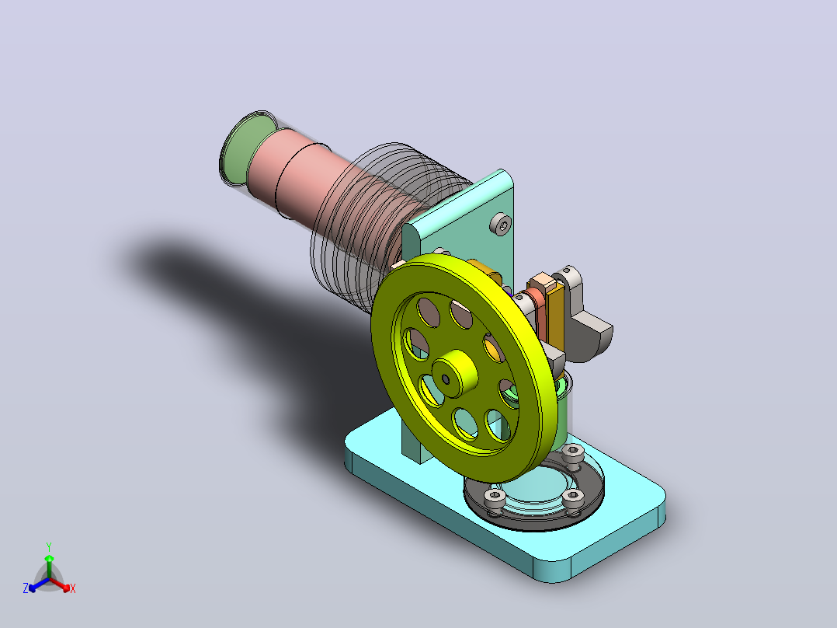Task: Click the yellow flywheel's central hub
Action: [454, 374]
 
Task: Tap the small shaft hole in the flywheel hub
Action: [446, 379]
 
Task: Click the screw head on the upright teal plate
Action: [502, 224]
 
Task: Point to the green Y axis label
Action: [49, 546]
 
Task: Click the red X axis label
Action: [73, 588]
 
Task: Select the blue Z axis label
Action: [26, 588]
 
